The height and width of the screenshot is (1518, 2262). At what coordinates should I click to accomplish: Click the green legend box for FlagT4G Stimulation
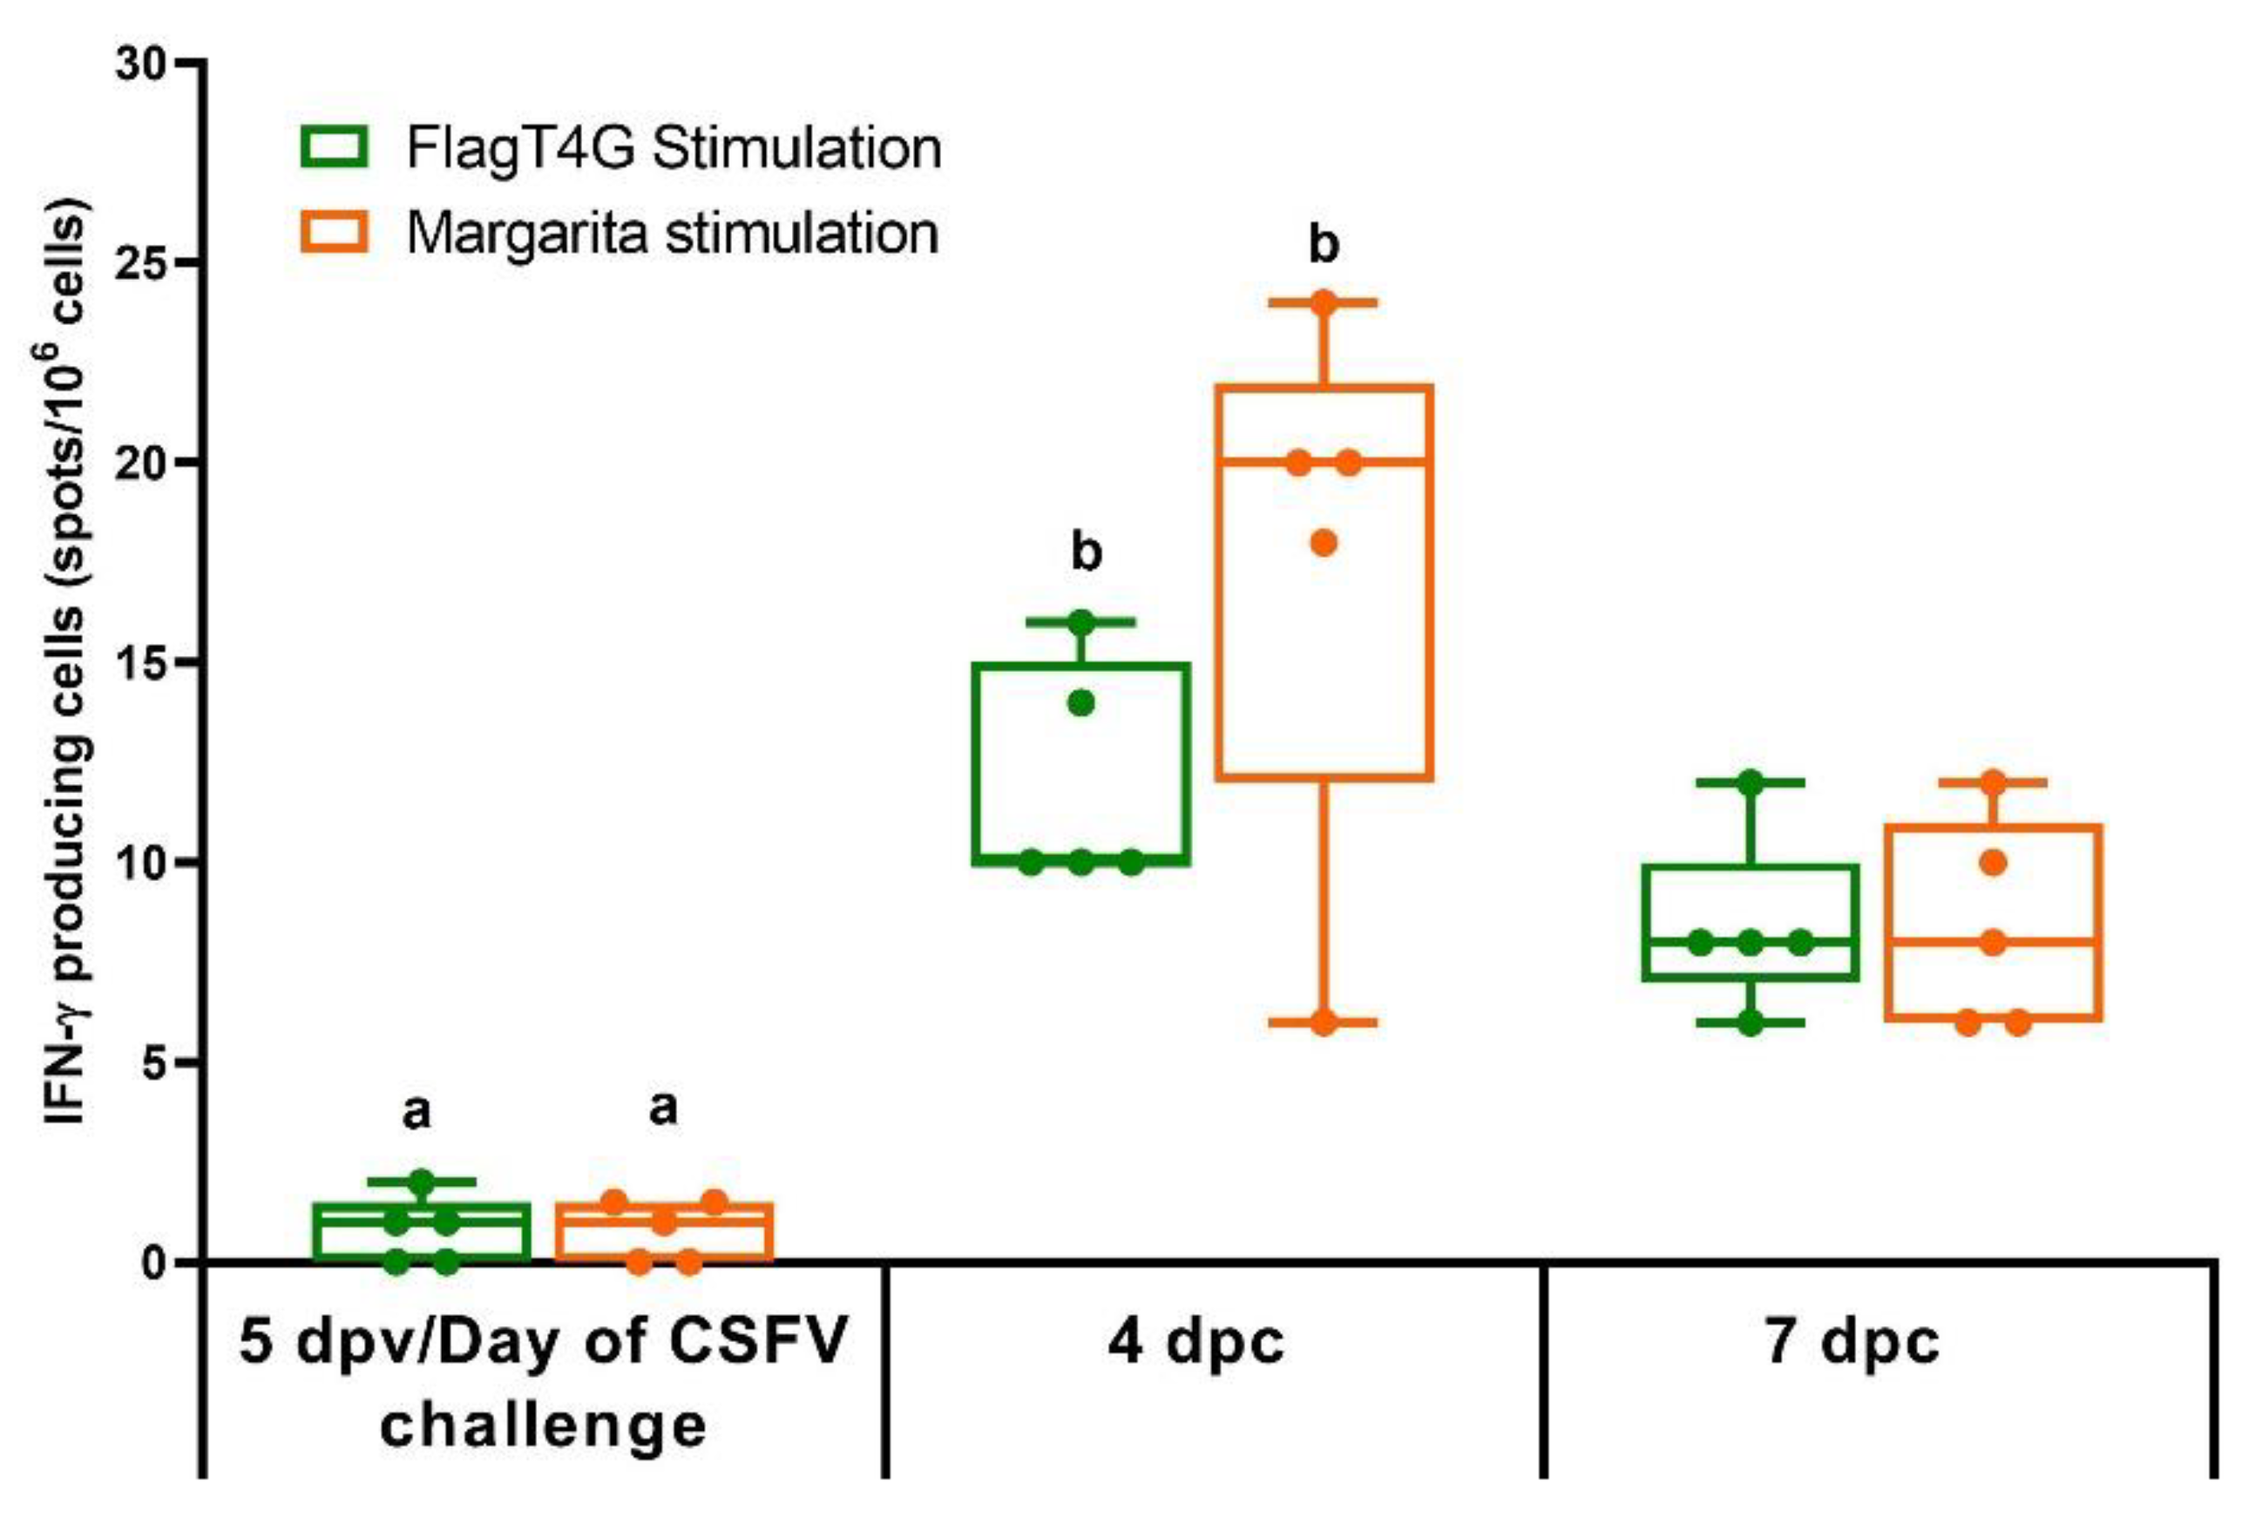(x=334, y=148)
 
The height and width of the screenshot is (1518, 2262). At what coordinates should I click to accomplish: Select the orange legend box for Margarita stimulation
(x=334, y=234)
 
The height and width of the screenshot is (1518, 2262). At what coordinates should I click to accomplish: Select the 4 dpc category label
(x=1195, y=1342)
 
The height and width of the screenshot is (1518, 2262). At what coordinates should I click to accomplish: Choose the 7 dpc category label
(x=1852, y=1342)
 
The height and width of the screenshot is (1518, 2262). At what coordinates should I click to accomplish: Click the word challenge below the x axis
(x=543, y=1425)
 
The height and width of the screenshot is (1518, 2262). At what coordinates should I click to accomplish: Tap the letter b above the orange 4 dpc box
(x=1323, y=244)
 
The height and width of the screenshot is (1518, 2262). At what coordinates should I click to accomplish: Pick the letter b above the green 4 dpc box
(x=1085, y=552)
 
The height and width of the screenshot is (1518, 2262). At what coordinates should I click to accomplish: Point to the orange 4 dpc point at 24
(x=1323, y=302)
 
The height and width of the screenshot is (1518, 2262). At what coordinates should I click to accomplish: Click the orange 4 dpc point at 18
(x=1323, y=542)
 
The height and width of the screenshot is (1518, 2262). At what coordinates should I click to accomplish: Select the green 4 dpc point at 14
(x=1080, y=703)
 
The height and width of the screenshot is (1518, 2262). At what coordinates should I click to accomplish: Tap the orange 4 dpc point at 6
(x=1323, y=1023)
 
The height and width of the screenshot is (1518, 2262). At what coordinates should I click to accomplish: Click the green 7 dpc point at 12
(x=1749, y=783)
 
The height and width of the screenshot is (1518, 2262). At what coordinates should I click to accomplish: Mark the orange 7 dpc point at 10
(x=1992, y=862)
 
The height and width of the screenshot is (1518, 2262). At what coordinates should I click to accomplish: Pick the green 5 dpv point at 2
(x=421, y=1181)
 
